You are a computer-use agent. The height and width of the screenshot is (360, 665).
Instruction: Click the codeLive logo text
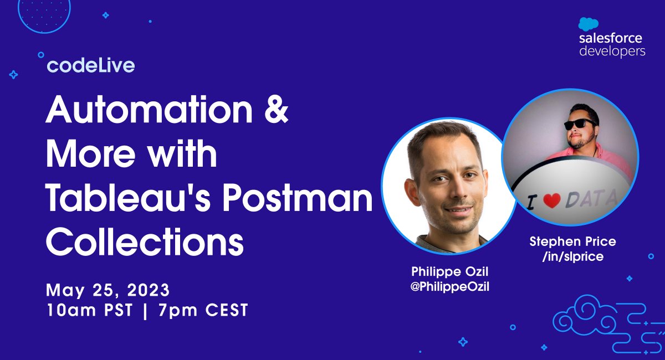91,66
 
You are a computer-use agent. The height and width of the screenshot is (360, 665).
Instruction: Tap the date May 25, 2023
108,290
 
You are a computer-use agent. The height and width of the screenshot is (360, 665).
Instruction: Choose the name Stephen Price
572,241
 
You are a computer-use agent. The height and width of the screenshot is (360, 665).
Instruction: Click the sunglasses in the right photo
580,124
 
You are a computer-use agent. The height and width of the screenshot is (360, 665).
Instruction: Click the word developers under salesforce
612,52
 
